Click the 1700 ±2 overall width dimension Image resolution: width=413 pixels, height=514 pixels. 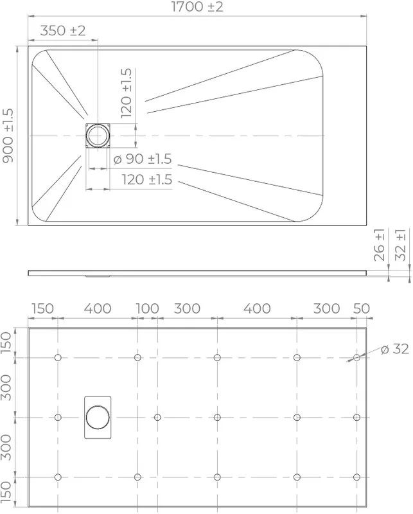click(197, 6)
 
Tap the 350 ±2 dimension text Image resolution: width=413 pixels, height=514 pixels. click(62, 30)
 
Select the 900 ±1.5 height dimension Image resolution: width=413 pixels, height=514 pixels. click(8, 136)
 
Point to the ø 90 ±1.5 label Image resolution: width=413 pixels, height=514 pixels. click(142, 159)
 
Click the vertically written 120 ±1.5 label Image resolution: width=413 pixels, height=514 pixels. click(126, 93)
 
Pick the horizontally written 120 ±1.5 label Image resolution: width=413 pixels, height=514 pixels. click(147, 180)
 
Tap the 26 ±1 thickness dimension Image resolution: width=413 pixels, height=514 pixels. click(379, 245)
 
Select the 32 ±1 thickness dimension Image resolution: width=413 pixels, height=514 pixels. click(400, 245)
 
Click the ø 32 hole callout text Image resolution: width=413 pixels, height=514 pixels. click(395, 349)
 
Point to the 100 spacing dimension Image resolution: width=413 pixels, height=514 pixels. click(147, 308)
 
